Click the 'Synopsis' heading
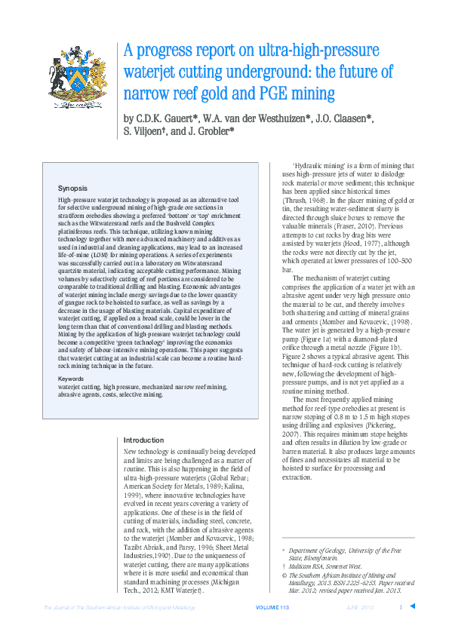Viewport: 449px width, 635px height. [x=73, y=186]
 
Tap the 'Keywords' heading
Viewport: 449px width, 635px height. [x=72, y=378]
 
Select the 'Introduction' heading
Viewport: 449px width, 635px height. [x=143, y=440]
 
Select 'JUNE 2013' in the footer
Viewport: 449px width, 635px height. [x=361, y=608]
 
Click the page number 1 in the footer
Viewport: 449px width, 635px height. [x=401, y=608]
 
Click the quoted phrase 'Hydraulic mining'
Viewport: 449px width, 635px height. [x=321, y=164]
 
